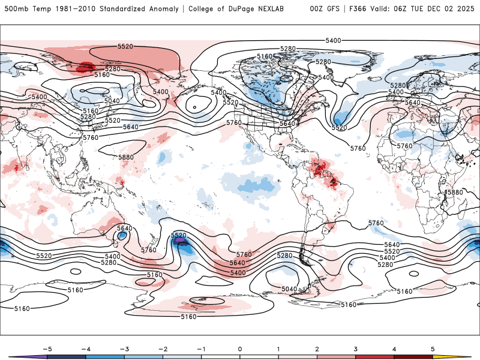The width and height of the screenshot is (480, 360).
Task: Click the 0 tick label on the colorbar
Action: [239, 348]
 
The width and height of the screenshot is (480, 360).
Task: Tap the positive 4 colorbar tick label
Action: [394, 348]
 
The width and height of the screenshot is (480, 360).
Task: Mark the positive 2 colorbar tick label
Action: [317, 348]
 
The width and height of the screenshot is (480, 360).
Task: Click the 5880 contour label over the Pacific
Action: [126, 157]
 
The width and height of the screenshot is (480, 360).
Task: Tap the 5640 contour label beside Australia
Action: [124, 228]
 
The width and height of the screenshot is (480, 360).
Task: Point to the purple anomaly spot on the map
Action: [179, 242]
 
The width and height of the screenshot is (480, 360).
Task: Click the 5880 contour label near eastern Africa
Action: [455, 192]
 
